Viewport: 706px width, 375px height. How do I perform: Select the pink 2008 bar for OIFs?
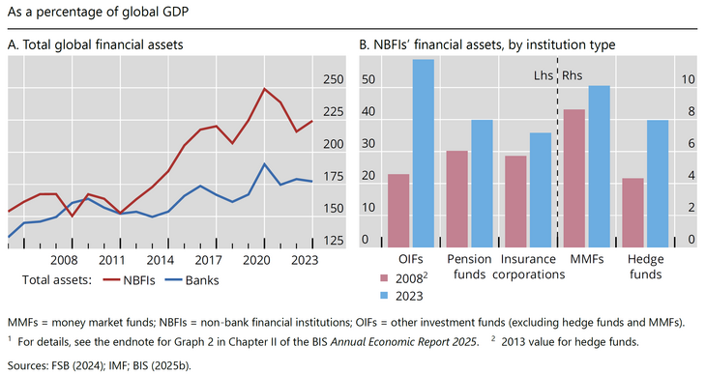click(x=398, y=210)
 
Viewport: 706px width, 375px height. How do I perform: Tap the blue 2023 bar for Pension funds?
click(x=482, y=183)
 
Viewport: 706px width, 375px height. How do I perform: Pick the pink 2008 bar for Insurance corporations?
click(x=515, y=201)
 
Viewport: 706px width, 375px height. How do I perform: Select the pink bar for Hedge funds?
click(x=632, y=213)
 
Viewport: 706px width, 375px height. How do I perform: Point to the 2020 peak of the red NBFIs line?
click(x=265, y=89)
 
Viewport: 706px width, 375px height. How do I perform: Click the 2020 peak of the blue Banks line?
click(x=265, y=164)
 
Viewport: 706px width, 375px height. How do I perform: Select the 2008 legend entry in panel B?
click(x=410, y=277)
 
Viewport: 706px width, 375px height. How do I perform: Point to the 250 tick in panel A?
click(x=333, y=80)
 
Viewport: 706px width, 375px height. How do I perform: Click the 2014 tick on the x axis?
click(x=161, y=260)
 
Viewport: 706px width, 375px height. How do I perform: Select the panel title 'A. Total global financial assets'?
click(x=95, y=43)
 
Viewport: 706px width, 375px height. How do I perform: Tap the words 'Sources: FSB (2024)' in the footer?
click(x=62, y=365)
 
